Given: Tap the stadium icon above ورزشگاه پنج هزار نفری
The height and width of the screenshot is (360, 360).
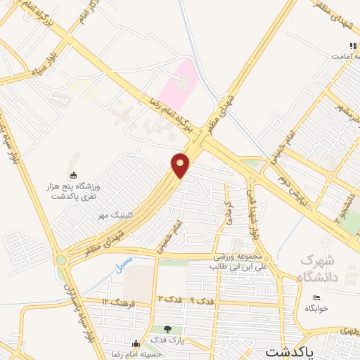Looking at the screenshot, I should click(x=73, y=175).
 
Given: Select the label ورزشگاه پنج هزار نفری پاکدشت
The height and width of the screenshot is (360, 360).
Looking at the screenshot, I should click(x=73, y=191).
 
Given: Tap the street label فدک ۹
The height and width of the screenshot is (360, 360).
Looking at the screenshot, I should click(x=202, y=301).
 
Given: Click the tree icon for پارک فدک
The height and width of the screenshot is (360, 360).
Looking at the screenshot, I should click(x=167, y=329).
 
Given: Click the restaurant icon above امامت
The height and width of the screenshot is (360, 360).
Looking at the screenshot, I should click(x=354, y=46).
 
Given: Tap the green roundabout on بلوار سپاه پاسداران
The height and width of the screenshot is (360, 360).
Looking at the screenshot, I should click(x=60, y=259).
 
